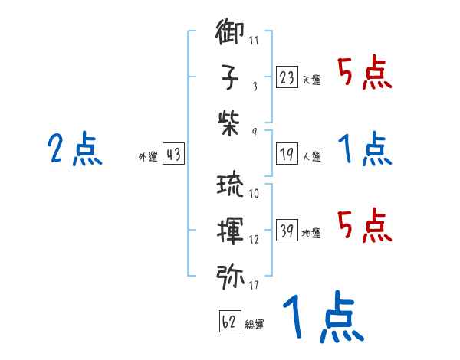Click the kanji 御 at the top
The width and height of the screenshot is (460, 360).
pyautogui.click(x=231, y=34)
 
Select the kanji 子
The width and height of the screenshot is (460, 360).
pyautogui.click(x=231, y=78)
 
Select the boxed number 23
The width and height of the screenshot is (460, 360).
pyautogui.click(x=287, y=77)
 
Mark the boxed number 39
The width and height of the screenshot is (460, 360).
pyautogui.click(x=287, y=230)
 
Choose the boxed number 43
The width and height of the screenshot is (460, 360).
pyautogui.click(x=173, y=154)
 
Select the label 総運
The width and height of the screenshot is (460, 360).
pyautogui.click(x=255, y=325)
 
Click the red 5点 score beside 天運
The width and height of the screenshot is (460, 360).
pyautogui.click(x=364, y=74)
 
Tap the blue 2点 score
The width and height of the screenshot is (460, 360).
pyautogui.click(x=75, y=150)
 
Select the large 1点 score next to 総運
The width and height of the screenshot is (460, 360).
pyautogui.click(x=322, y=318)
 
